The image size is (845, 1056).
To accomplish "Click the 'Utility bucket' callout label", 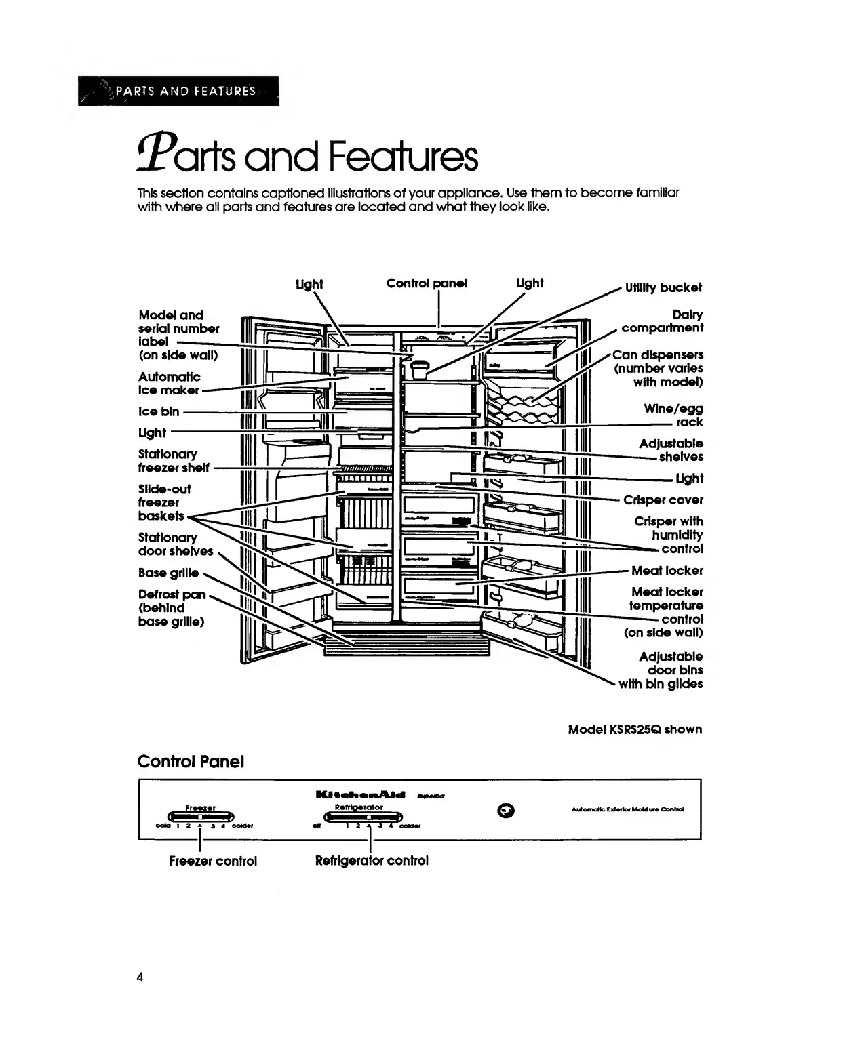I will click(x=663, y=287).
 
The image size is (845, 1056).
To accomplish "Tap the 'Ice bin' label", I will click(x=159, y=411).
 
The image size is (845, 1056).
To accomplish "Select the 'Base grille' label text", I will click(x=168, y=573).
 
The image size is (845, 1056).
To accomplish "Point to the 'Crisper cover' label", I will click(x=663, y=500).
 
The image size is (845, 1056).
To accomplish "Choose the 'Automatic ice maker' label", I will click(x=170, y=384).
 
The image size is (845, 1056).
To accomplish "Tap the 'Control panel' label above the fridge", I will click(x=427, y=283).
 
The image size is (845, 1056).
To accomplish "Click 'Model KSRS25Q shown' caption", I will click(x=635, y=729).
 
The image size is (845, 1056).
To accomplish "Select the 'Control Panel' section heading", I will click(x=191, y=761).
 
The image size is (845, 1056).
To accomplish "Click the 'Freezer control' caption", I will click(x=213, y=861).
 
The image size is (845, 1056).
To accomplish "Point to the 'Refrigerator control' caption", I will click(x=372, y=861).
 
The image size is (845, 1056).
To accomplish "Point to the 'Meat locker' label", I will click(x=667, y=571).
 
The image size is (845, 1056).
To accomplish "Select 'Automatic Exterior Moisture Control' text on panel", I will click(x=628, y=809).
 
